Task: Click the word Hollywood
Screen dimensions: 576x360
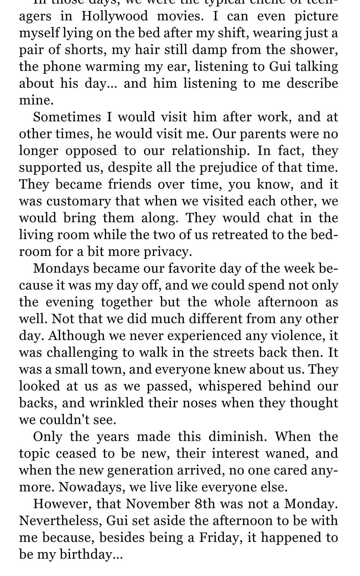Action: [x=115, y=16]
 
